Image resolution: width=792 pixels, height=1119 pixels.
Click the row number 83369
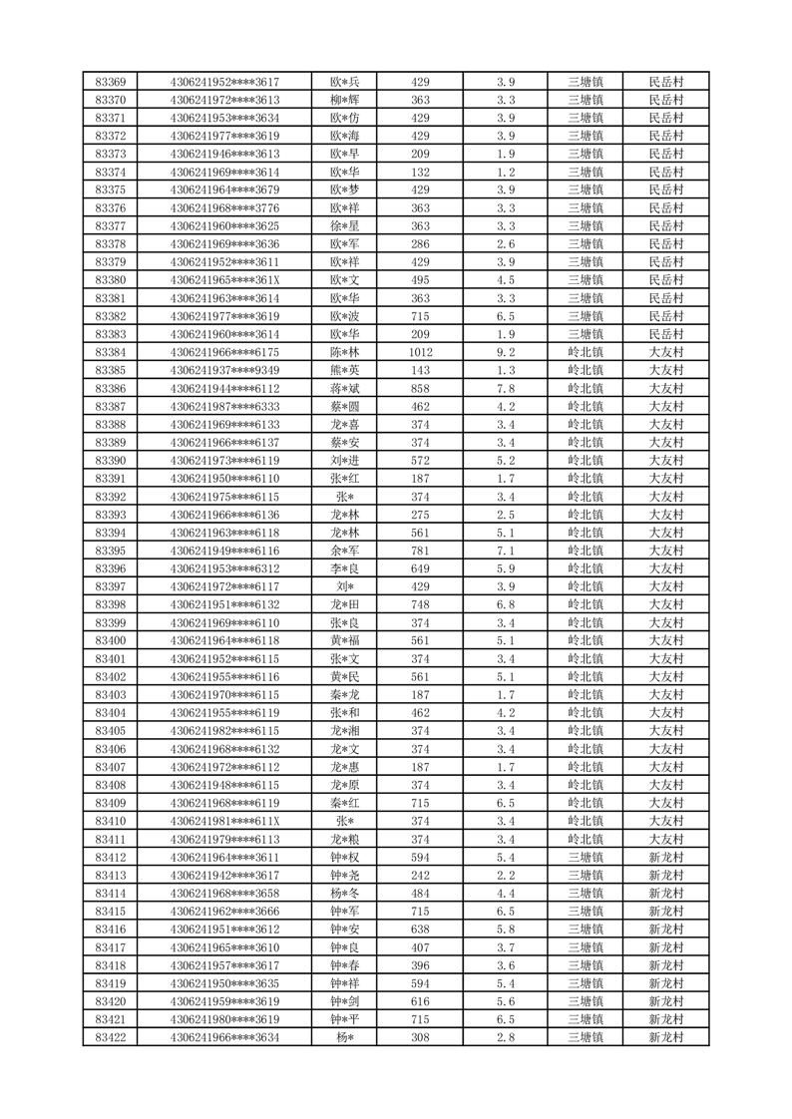pyautogui.click(x=110, y=82)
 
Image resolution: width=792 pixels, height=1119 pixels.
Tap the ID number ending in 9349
pyautogui.click(x=224, y=370)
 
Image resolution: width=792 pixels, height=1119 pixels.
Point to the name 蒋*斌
pyautogui.click(x=344, y=388)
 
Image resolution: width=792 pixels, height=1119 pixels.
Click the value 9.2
pyautogui.click(x=505, y=352)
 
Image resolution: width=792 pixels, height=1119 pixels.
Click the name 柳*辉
pyautogui.click(x=344, y=100)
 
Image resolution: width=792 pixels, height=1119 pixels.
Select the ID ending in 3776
pyautogui.click(x=224, y=207)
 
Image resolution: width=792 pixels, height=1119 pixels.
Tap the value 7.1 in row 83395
pyautogui.click(x=505, y=551)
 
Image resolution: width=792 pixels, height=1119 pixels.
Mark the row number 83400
pyautogui.click(x=110, y=640)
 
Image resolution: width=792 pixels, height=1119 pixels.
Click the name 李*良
pyautogui.click(x=344, y=568)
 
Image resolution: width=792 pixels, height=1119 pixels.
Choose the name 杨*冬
pyautogui.click(x=344, y=893)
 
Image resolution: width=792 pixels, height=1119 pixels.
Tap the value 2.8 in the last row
pyautogui.click(x=505, y=1037)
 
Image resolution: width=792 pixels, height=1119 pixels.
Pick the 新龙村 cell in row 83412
pyautogui.click(x=665, y=857)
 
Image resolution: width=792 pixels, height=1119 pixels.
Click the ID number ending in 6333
pyautogui.click(x=224, y=406)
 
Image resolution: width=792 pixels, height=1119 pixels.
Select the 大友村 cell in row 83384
pyautogui.click(x=665, y=352)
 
